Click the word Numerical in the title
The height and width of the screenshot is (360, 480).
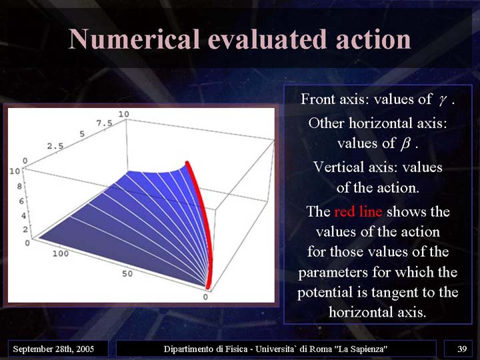pyautogui.click(x=135, y=39)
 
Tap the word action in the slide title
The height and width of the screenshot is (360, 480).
pyautogui.click(x=373, y=39)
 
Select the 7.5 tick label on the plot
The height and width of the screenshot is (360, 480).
pyautogui.click(x=105, y=123)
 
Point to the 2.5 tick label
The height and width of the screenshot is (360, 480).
pyautogui.click(x=55, y=146)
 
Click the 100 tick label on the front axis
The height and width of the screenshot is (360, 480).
pyautogui.click(x=61, y=253)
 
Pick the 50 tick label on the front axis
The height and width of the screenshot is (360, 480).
pyautogui.click(x=127, y=274)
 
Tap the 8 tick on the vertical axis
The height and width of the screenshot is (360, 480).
pyautogui.click(x=19, y=186)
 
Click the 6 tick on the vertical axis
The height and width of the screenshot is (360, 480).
pyautogui.click(x=21, y=201)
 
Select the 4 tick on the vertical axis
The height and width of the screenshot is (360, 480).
pyautogui.click(x=23, y=215)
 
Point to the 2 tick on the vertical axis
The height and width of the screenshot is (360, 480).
pyautogui.click(x=25, y=229)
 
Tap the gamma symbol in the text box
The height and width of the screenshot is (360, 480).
pyautogui.click(x=441, y=100)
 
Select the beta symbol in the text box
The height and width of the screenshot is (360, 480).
pyautogui.click(x=405, y=143)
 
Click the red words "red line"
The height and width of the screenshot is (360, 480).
pyautogui.click(x=358, y=211)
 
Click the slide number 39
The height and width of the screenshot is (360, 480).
pyautogui.click(x=462, y=349)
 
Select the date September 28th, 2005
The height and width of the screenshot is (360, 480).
pyautogui.click(x=53, y=349)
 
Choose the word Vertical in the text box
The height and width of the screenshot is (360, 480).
pyautogui.click(x=333, y=167)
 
